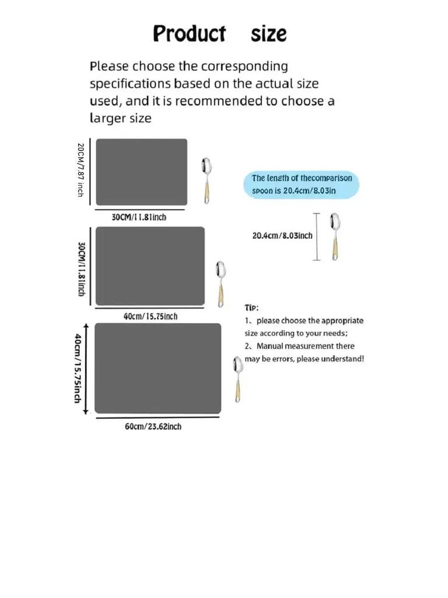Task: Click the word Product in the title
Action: click(x=189, y=33)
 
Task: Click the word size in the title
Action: click(x=269, y=34)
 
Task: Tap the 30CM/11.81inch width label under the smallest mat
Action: click(x=139, y=217)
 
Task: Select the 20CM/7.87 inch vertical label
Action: click(x=80, y=170)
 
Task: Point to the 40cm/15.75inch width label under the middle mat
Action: click(x=150, y=317)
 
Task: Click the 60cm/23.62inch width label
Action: click(x=153, y=426)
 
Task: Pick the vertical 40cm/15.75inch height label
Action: click(x=77, y=368)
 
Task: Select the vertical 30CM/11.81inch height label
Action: click(x=82, y=269)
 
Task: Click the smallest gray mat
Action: click(x=141, y=172)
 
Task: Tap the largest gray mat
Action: click(x=157, y=368)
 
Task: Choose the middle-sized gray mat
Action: click(x=150, y=266)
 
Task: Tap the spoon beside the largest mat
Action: click(x=238, y=379)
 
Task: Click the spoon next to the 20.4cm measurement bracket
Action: click(x=334, y=236)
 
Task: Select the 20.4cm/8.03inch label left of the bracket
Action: click(x=282, y=236)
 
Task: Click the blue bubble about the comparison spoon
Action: click(x=301, y=185)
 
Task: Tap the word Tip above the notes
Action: click(x=251, y=307)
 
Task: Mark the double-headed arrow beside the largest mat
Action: click(x=86, y=368)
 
